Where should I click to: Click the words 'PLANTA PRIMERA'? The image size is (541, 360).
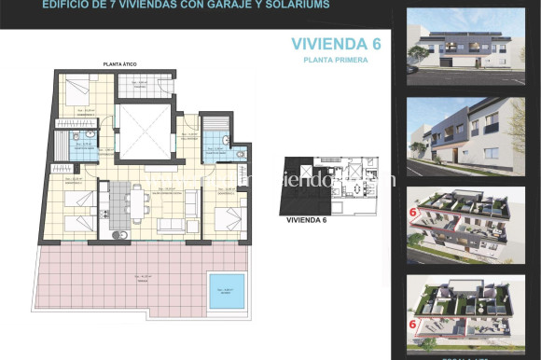point(334,60)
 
